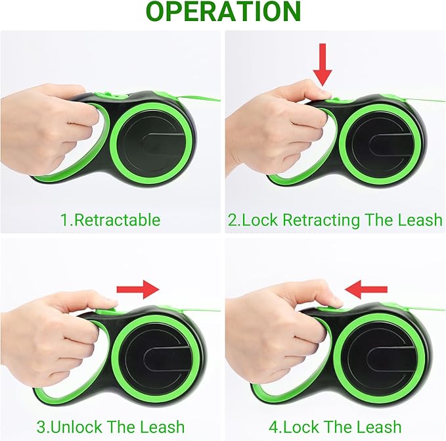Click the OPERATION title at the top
[x=223, y=12]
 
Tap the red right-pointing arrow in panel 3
[x=137, y=288]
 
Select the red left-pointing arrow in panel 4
[x=366, y=287]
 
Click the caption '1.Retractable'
[x=110, y=220]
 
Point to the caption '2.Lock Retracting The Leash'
[x=335, y=220]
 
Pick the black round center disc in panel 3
[x=152, y=352]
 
